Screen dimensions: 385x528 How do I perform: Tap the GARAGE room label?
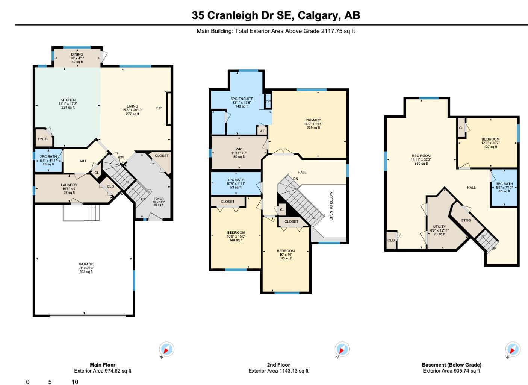coord(86,264)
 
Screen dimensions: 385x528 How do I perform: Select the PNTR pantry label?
coord(43,139)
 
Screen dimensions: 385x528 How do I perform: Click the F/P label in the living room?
coord(159,108)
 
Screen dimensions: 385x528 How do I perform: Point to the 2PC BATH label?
coord(48,157)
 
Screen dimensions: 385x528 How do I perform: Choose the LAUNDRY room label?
coord(69,185)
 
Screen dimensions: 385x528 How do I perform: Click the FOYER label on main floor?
coord(159,199)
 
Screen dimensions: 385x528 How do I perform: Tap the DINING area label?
coord(77,55)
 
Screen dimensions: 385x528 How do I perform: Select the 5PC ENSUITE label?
coord(242,99)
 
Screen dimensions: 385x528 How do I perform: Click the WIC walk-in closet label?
coord(238,149)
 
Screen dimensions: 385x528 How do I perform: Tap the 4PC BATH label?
coord(236,180)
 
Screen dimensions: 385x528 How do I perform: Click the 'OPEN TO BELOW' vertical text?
coord(331,206)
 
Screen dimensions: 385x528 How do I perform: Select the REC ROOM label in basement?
coord(421,156)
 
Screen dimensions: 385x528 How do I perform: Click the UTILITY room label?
coord(439,227)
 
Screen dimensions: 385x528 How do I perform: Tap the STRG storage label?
coord(466,220)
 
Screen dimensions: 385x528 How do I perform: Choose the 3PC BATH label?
coord(504,184)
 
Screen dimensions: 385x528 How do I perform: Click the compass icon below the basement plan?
coord(513,349)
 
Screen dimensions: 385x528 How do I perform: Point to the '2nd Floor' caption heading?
coord(278,365)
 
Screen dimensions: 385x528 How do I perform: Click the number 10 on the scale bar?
coord(75,382)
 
